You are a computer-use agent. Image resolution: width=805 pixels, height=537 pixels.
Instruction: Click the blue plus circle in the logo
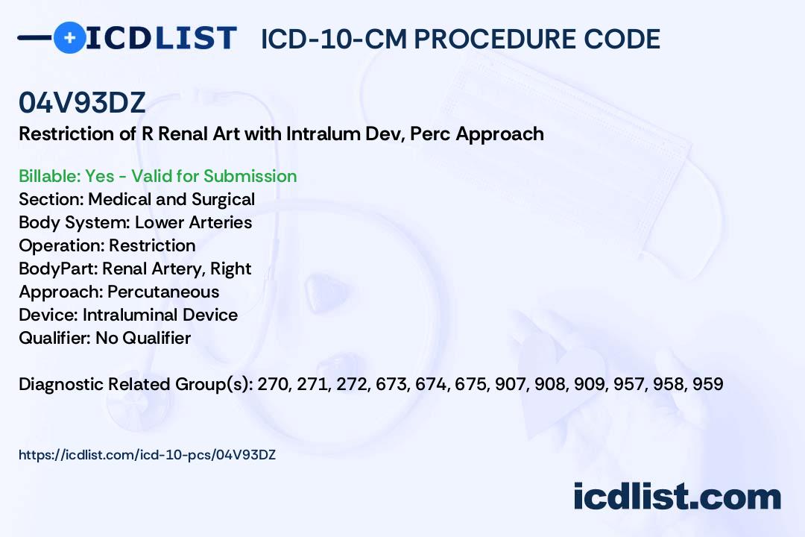coord(70,37)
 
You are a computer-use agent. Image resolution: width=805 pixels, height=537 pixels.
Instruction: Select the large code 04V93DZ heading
coord(82,103)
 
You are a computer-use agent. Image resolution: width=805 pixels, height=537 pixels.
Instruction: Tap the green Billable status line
coord(157,176)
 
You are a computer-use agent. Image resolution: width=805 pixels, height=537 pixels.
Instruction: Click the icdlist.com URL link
coord(148,455)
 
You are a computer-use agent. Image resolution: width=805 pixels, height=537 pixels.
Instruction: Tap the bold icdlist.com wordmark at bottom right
coord(678,497)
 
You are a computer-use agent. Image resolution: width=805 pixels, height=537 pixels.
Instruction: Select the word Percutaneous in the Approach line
coord(163,292)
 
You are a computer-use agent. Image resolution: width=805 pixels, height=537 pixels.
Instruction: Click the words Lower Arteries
coord(194,222)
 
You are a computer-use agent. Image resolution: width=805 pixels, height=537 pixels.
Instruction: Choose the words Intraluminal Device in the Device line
coord(160,315)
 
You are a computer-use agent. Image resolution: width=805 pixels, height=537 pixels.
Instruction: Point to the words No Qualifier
coord(143,338)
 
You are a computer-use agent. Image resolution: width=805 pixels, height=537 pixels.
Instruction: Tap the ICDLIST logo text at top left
coord(161,37)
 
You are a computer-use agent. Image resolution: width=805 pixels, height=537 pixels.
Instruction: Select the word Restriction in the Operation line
coord(152,245)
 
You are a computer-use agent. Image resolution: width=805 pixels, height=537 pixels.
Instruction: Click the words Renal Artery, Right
coord(177,268)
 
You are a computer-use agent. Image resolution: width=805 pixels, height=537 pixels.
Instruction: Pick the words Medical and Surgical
coord(171,199)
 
